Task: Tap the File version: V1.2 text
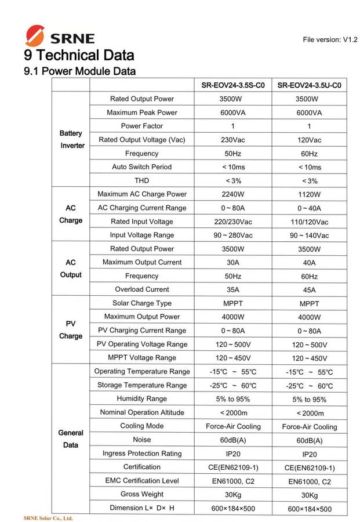[x=330, y=39]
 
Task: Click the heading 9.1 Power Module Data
[x=80, y=72]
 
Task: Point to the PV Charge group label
[x=71, y=329]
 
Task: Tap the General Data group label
[x=71, y=438]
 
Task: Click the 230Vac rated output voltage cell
[x=232, y=140]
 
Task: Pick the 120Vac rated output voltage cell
[x=309, y=140]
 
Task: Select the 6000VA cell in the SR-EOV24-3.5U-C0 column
[x=309, y=113]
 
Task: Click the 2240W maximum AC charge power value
[x=232, y=194]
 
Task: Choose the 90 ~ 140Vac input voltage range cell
[x=309, y=235]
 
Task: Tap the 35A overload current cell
[x=232, y=289]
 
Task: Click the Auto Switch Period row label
[x=142, y=167]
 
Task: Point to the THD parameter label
[x=142, y=180]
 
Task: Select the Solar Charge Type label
[x=142, y=303]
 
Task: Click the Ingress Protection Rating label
[x=142, y=454]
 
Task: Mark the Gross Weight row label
[x=142, y=494]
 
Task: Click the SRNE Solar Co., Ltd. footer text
[x=48, y=518]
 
